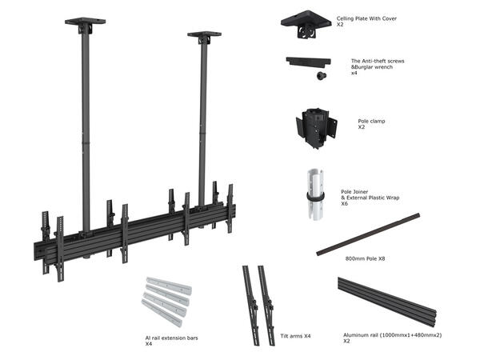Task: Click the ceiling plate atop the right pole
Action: pos(205,36)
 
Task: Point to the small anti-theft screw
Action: pos(319,77)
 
